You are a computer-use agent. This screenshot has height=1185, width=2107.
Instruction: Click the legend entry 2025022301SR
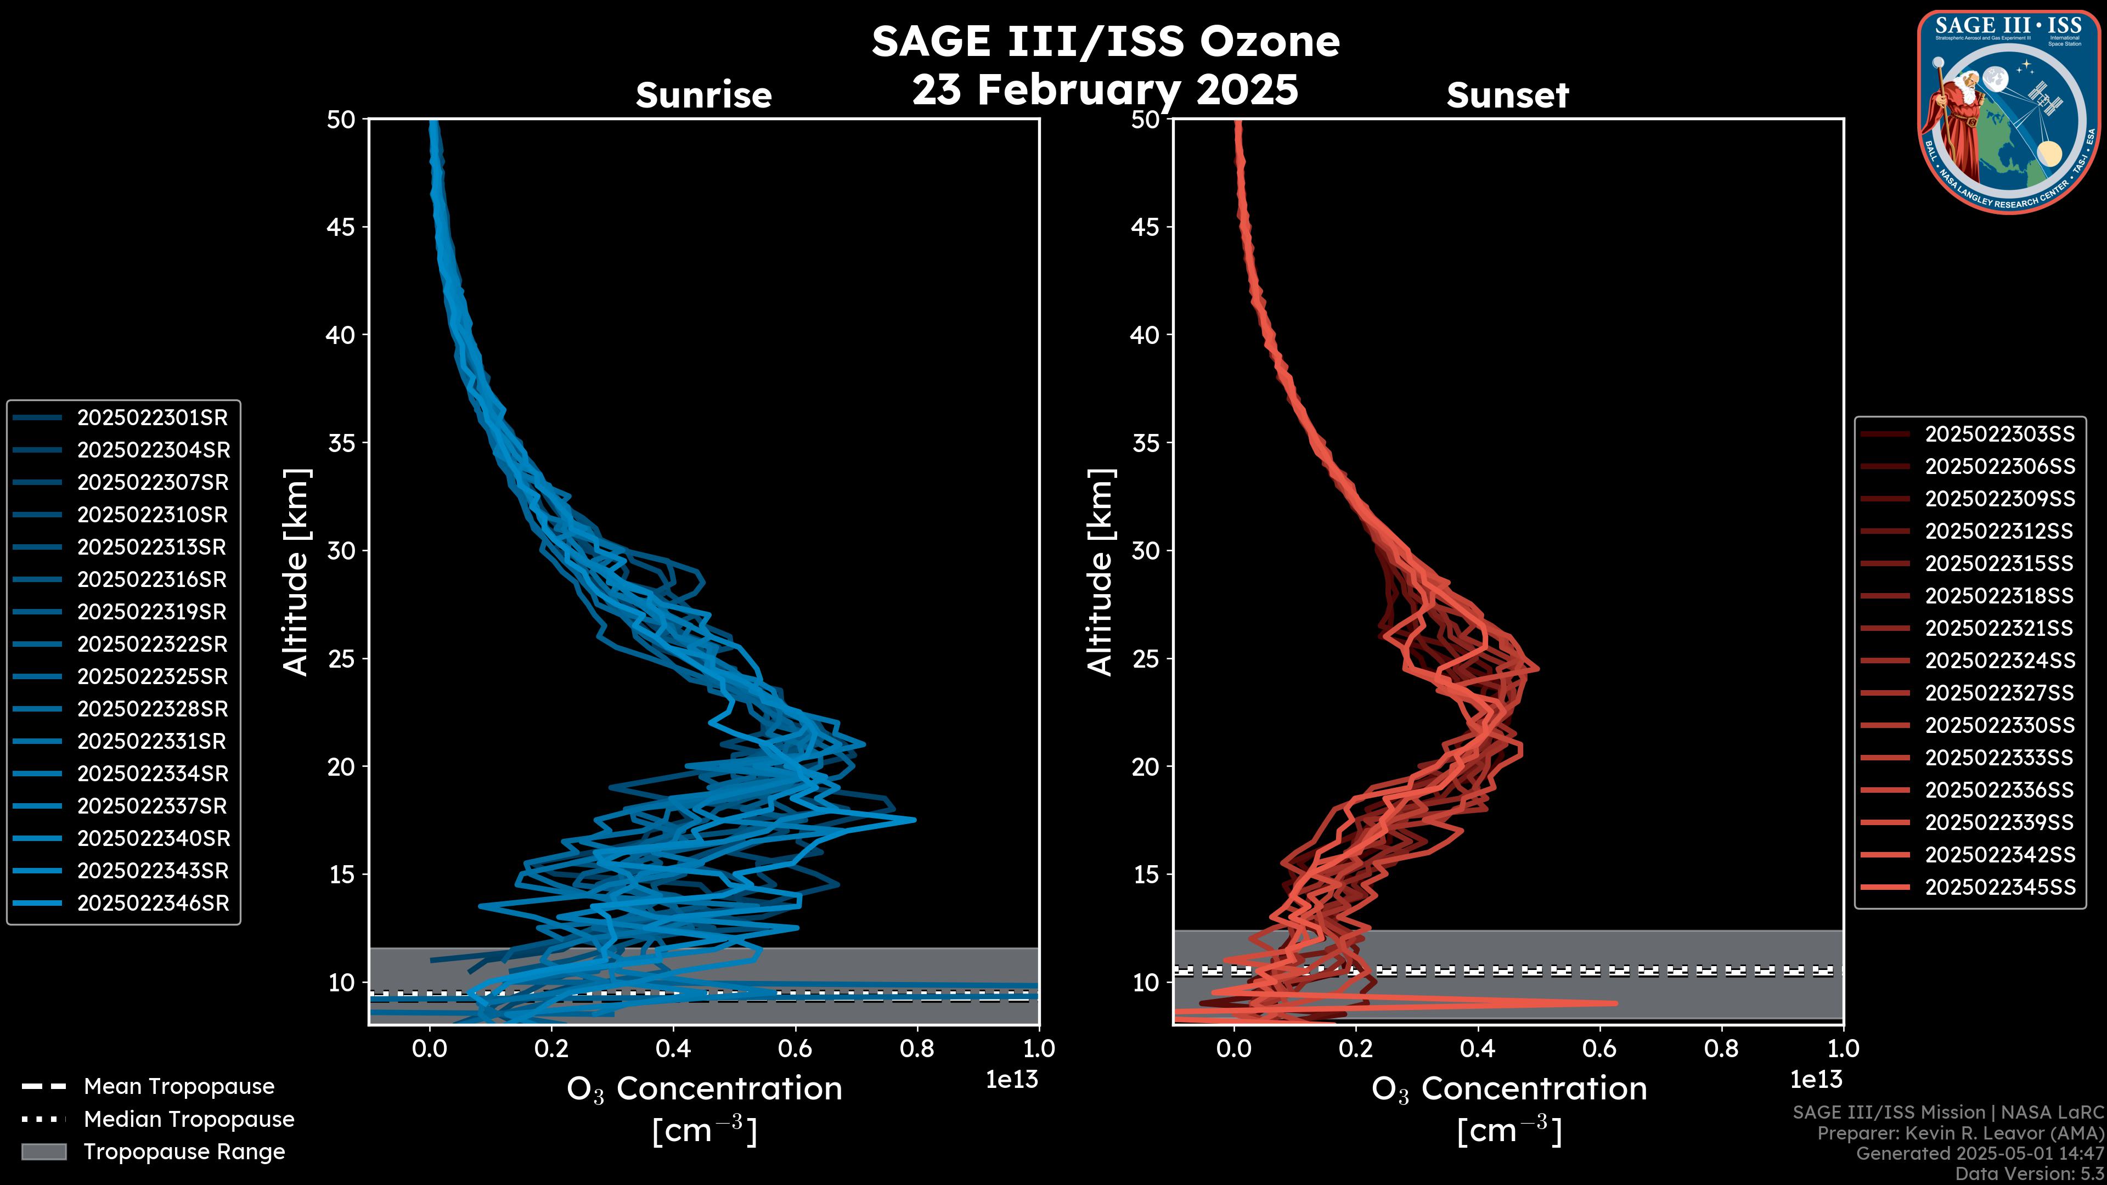(x=152, y=418)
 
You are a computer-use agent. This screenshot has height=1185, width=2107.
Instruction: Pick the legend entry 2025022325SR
(x=152, y=677)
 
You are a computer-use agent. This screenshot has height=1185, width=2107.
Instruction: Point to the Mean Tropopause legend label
(x=179, y=1087)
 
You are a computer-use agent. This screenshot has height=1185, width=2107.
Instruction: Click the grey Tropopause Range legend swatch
(x=43, y=1152)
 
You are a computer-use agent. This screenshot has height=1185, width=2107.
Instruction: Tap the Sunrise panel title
(x=703, y=95)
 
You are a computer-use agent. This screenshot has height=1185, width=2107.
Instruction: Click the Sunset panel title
(x=1507, y=95)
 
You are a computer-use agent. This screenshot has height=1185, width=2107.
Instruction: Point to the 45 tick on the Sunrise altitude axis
(x=341, y=227)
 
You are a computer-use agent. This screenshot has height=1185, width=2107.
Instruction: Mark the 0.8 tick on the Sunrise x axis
(x=917, y=1048)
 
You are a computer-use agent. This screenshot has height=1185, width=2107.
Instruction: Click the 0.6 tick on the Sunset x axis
(x=1600, y=1048)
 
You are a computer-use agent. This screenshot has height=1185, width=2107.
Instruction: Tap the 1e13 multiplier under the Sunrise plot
(x=1012, y=1080)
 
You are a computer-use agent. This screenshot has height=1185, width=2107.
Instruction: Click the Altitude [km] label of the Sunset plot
(x=1100, y=572)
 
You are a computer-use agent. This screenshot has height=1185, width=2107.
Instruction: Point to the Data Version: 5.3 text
(x=2029, y=1173)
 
